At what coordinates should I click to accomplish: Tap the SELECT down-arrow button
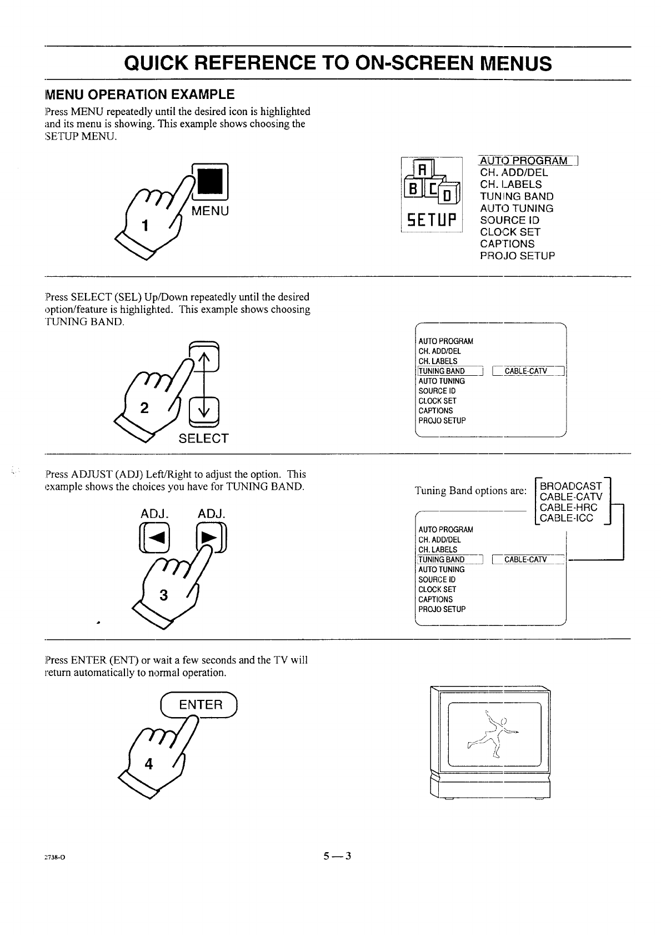pos(204,411)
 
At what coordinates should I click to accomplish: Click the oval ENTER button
pos(200,705)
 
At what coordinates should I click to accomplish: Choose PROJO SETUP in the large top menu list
pos(517,256)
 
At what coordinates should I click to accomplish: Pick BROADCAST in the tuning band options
pos(570,486)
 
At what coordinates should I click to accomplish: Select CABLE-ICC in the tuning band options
pos(566,518)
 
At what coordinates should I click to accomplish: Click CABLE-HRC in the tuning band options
pos(568,508)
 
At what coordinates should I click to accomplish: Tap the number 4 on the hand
pos(148,764)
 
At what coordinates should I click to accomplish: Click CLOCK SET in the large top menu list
pos(510,232)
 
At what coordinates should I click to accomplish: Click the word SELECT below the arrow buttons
pos(203,439)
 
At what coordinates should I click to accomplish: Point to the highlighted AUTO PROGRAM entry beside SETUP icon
pos(524,161)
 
